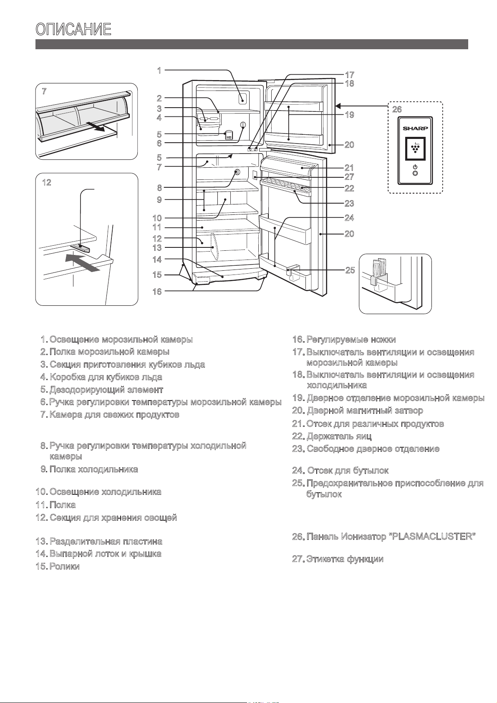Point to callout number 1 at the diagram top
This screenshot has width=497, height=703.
click(x=159, y=70)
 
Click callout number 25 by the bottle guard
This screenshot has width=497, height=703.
click(x=350, y=270)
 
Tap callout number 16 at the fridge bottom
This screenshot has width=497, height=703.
click(x=157, y=291)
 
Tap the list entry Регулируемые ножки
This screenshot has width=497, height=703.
click(x=351, y=340)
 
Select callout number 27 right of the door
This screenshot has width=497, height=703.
click(x=350, y=177)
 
